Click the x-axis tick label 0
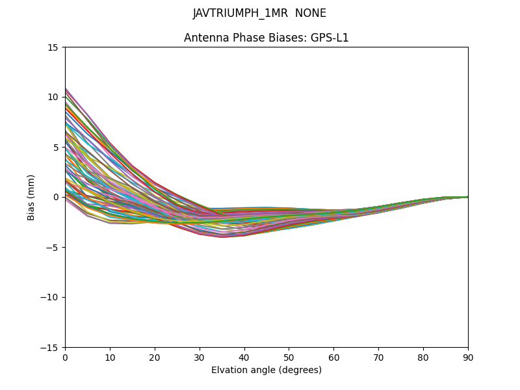pos(65,357)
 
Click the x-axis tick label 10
pos(110,357)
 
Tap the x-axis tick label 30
pos(200,357)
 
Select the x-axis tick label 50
pos(289,357)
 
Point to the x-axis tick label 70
pos(378,357)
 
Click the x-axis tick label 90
pos(468,357)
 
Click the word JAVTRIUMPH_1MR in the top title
pos(240,14)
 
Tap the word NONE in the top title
pos(311,14)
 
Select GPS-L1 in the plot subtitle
pos(329,38)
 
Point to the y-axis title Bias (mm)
pos(31,197)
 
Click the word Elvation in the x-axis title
pos(229,370)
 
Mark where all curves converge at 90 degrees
pos(467,197)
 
